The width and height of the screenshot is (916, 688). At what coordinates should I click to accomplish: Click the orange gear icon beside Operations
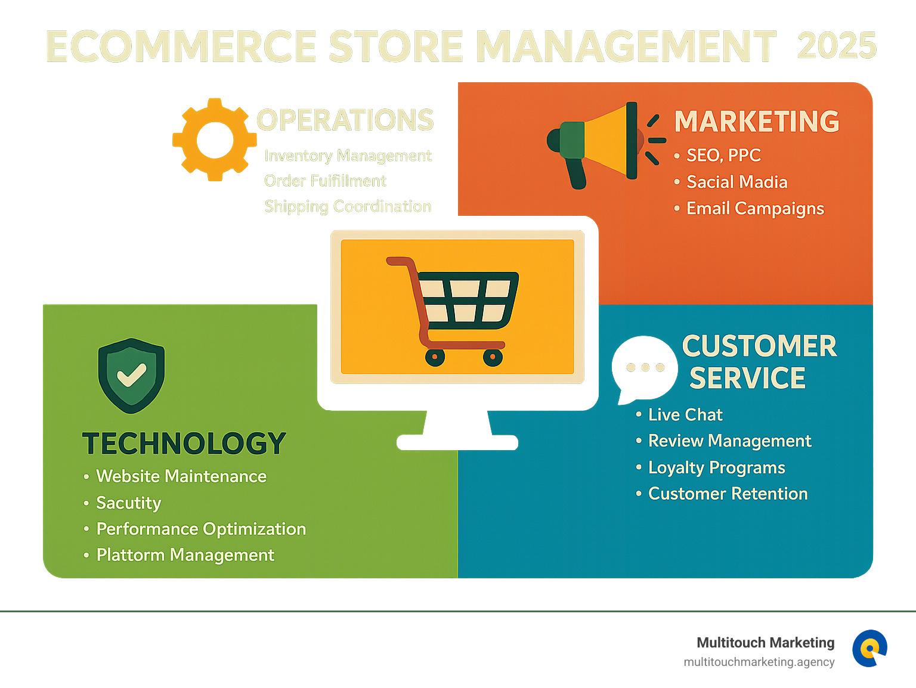pyautogui.click(x=214, y=140)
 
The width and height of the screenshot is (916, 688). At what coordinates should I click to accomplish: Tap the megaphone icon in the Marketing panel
pyautogui.click(x=602, y=142)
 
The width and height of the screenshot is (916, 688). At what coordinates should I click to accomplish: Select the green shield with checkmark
pyautogui.click(x=131, y=376)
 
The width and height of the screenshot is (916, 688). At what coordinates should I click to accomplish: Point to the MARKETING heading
pyautogui.click(x=756, y=122)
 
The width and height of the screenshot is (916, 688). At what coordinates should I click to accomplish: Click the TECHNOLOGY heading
pyautogui.click(x=184, y=444)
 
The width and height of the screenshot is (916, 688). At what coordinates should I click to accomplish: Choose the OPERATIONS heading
pyautogui.click(x=345, y=120)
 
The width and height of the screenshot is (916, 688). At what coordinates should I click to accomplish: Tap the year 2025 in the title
pyautogui.click(x=837, y=46)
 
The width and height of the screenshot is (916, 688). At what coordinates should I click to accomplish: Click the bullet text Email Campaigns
pyautogui.click(x=755, y=209)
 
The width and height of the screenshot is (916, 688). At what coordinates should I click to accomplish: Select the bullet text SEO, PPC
pyautogui.click(x=723, y=156)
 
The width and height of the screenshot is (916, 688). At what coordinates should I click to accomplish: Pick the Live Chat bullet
pyautogui.click(x=685, y=415)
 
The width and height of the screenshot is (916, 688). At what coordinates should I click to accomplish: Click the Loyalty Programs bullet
pyautogui.click(x=716, y=468)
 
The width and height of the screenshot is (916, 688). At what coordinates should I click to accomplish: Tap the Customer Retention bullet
pyautogui.click(x=728, y=494)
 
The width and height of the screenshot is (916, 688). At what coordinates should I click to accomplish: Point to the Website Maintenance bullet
pyautogui.click(x=181, y=476)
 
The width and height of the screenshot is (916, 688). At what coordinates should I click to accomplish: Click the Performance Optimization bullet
pyautogui.click(x=201, y=529)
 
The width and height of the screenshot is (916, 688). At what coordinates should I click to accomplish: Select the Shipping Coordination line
pyautogui.click(x=348, y=207)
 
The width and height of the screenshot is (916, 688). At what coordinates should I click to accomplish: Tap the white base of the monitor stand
pyautogui.click(x=457, y=442)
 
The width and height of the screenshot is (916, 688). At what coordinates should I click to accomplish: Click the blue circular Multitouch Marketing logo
pyautogui.click(x=869, y=648)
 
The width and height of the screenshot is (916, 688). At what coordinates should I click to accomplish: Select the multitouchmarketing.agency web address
pyautogui.click(x=759, y=662)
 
